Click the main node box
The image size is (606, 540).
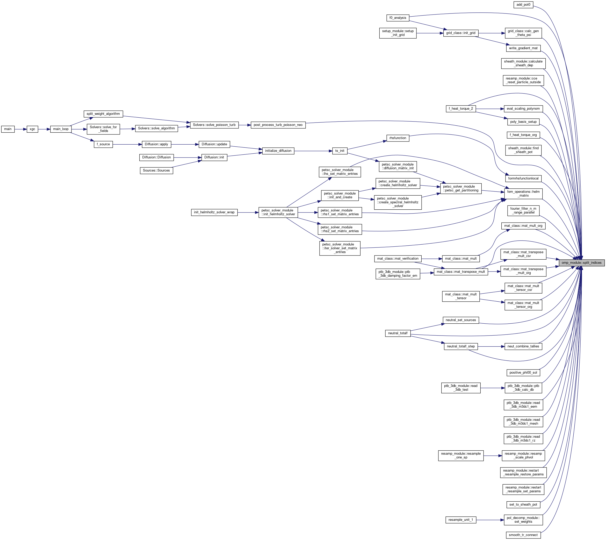pos(8,129)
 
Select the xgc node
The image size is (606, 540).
pos(32,129)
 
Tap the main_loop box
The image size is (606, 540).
pos(61,129)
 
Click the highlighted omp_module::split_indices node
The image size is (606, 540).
pos(581,262)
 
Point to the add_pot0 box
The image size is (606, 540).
pos(523,5)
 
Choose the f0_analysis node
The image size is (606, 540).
pos(398,18)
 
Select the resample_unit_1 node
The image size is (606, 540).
pos(461,520)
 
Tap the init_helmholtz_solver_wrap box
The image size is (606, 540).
pos(214,212)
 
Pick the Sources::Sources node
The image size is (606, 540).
pos(156,170)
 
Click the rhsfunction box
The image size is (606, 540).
pos(398,138)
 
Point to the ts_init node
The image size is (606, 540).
pos(340,151)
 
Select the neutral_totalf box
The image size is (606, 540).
pos(398,333)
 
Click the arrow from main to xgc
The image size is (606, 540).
pos(20,129)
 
